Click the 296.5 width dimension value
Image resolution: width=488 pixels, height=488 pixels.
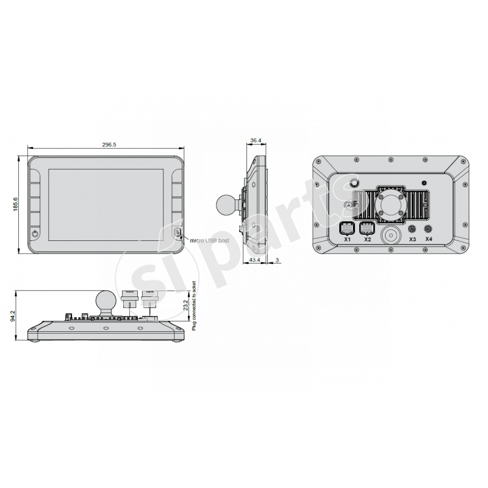(x=110, y=145)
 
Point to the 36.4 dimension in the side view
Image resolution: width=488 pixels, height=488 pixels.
(x=256, y=141)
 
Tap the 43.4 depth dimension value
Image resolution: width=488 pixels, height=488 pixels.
(x=256, y=261)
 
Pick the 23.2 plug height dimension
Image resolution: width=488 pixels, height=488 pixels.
(x=185, y=306)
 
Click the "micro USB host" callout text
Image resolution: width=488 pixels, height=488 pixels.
(x=210, y=242)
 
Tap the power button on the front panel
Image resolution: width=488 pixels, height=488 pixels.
(x=35, y=233)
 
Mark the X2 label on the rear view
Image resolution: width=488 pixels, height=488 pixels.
(x=367, y=240)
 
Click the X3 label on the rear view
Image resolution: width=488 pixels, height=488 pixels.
(x=412, y=240)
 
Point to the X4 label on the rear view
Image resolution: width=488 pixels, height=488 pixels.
(x=429, y=240)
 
